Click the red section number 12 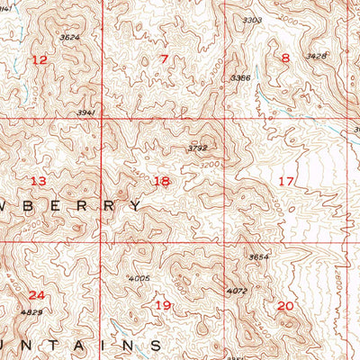click(40, 60)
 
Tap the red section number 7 click(164, 60)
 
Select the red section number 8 click(285, 59)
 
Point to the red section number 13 click(38, 181)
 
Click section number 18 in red click(161, 181)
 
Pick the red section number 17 click(286, 181)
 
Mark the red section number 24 click(36, 295)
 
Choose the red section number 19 click(163, 306)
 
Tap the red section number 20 click(285, 306)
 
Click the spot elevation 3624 click(69, 38)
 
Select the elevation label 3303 click(253, 20)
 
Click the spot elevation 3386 click(239, 78)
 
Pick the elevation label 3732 click(197, 148)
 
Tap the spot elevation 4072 click(238, 290)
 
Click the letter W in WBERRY click(9, 205)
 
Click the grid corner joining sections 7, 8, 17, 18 click(224, 118)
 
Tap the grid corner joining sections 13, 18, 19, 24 click(101, 241)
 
